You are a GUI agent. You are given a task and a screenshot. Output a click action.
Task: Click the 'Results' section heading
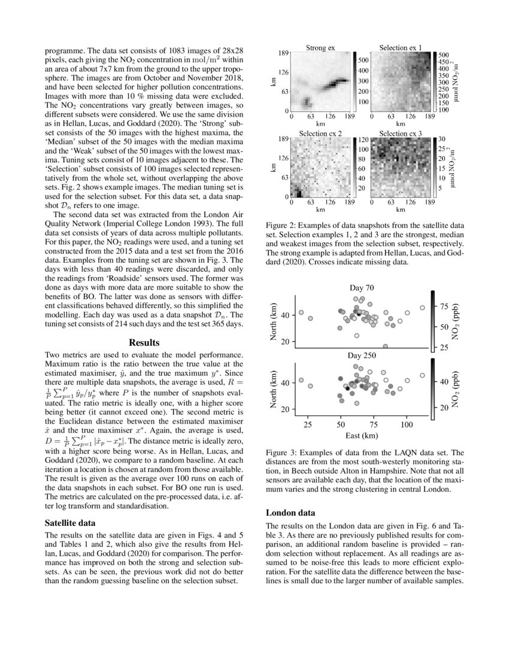coord(144,343)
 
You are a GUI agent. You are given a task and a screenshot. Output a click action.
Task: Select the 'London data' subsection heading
coord(290,513)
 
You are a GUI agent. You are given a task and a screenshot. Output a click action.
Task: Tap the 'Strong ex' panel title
coord(320,47)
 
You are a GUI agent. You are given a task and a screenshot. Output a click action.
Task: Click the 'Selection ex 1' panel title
coord(401,47)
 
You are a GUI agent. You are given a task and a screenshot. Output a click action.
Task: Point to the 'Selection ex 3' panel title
coord(401,133)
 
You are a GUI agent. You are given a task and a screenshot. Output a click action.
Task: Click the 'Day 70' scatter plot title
coord(362,288)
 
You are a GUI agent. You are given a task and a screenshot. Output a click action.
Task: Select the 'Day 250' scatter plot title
coord(362,355)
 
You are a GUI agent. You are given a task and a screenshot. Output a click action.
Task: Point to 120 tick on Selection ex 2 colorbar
coord(363,139)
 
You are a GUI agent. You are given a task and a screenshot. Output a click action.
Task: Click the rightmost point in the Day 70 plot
coord(422,307)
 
